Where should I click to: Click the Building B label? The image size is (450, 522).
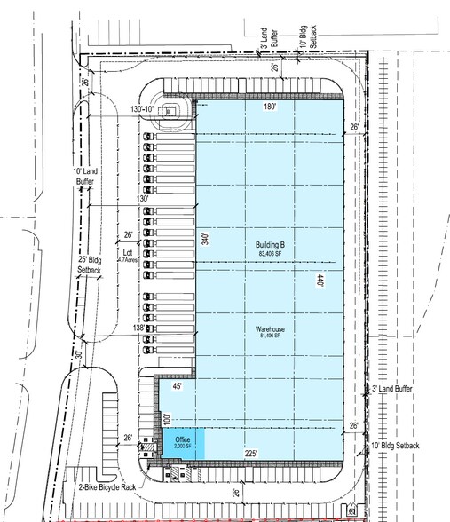(x=269, y=245)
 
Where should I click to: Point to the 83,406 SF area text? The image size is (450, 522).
(x=269, y=254)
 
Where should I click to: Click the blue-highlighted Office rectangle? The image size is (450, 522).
(x=183, y=443)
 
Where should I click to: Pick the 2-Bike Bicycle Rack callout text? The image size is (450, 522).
(x=107, y=486)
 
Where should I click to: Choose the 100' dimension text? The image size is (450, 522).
(x=165, y=417)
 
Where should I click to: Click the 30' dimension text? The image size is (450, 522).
(x=79, y=355)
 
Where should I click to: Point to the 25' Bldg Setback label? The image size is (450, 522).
(x=90, y=263)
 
